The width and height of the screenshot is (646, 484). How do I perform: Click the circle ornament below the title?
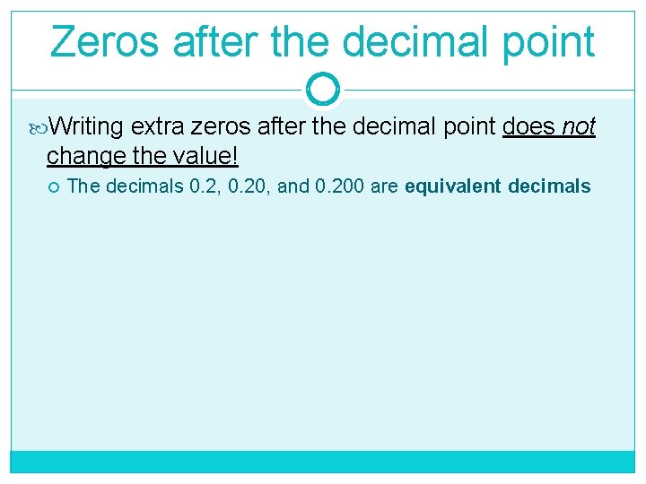(322, 89)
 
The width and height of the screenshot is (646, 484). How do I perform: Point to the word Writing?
(87, 128)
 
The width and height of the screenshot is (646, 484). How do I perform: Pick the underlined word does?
(529, 128)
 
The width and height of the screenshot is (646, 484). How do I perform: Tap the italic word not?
(580, 128)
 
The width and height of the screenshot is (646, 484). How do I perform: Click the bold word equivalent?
(453, 186)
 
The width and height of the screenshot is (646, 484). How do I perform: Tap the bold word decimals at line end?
(549, 186)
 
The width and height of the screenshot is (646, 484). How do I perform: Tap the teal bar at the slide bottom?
(322, 461)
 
